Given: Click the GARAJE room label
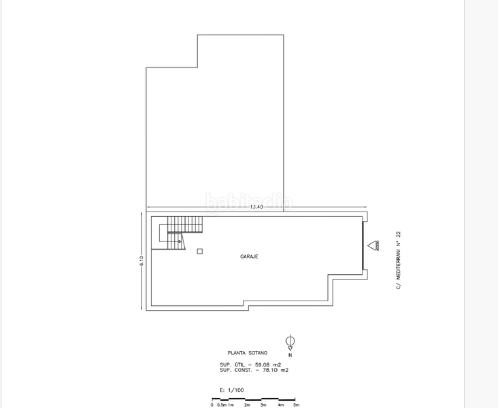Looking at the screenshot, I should [x=248, y=256].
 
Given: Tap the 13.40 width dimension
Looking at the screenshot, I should [x=256, y=207].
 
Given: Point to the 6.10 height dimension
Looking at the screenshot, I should [x=142, y=260].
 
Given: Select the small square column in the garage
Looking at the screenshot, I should [x=199, y=252].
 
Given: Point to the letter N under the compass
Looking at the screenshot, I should [x=290, y=355].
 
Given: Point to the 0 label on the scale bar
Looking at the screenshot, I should [x=212, y=405].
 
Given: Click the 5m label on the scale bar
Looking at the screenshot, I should [x=295, y=405].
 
